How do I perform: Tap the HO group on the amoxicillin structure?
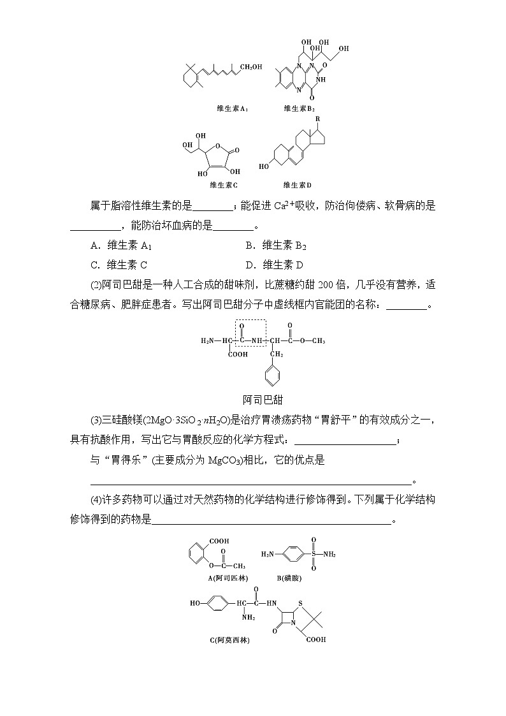click(197, 601)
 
